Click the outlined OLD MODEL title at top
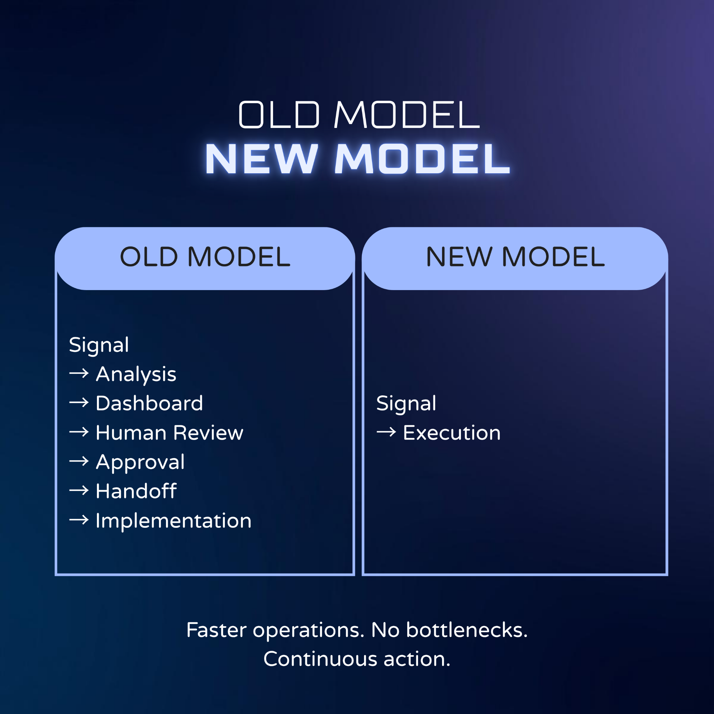coord(359,115)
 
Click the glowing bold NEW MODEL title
coord(358,159)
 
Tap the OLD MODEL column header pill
coord(205,258)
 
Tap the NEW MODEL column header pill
coord(515,258)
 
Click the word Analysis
coord(136,375)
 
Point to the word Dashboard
coord(149,403)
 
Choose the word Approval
coord(140,463)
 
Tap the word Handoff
coord(136,491)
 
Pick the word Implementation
coord(173,521)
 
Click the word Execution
coord(452,433)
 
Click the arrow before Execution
coord(386,432)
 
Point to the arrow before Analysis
coord(79,373)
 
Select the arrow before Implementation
coord(79,520)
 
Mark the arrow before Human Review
coord(79,432)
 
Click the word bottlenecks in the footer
coord(467,630)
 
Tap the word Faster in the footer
coord(216,630)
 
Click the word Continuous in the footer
coord(321,659)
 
